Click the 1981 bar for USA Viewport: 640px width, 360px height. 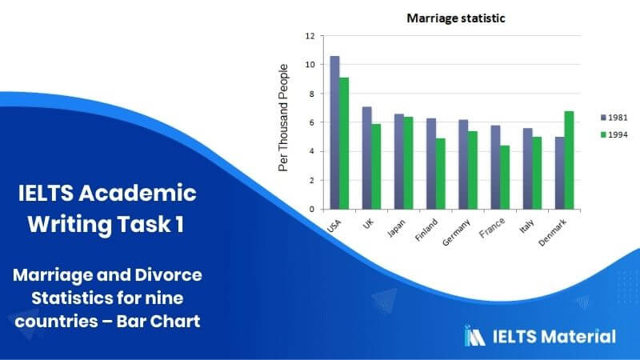tap(334, 133)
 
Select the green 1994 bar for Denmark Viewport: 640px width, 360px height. tap(569, 161)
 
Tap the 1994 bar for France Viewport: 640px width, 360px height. tap(505, 178)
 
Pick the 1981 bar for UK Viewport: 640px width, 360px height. tap(367, 158)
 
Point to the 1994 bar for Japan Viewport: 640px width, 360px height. tap(408, 163)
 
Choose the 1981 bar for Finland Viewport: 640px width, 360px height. tap(431, 164)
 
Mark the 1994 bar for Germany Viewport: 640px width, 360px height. tap(473, 170)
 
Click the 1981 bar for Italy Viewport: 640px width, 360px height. tap(528, 169)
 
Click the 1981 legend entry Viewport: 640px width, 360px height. tap(614, 118)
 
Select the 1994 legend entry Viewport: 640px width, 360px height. tap(614, 134)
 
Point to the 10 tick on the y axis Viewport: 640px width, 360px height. tap(310, 65)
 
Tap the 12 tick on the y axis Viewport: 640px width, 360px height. tap(310, 36)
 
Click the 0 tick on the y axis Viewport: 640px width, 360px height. tap(312, 210)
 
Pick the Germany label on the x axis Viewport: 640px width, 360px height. tap(456, 233)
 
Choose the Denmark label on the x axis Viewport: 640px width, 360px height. tap(553, 233)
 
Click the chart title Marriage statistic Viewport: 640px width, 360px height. tap(456, 18)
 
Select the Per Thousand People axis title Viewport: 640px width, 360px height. tap(283, 118)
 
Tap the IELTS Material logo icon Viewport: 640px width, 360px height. tap(474, 336)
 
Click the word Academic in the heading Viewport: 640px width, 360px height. tap(138, 193)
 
